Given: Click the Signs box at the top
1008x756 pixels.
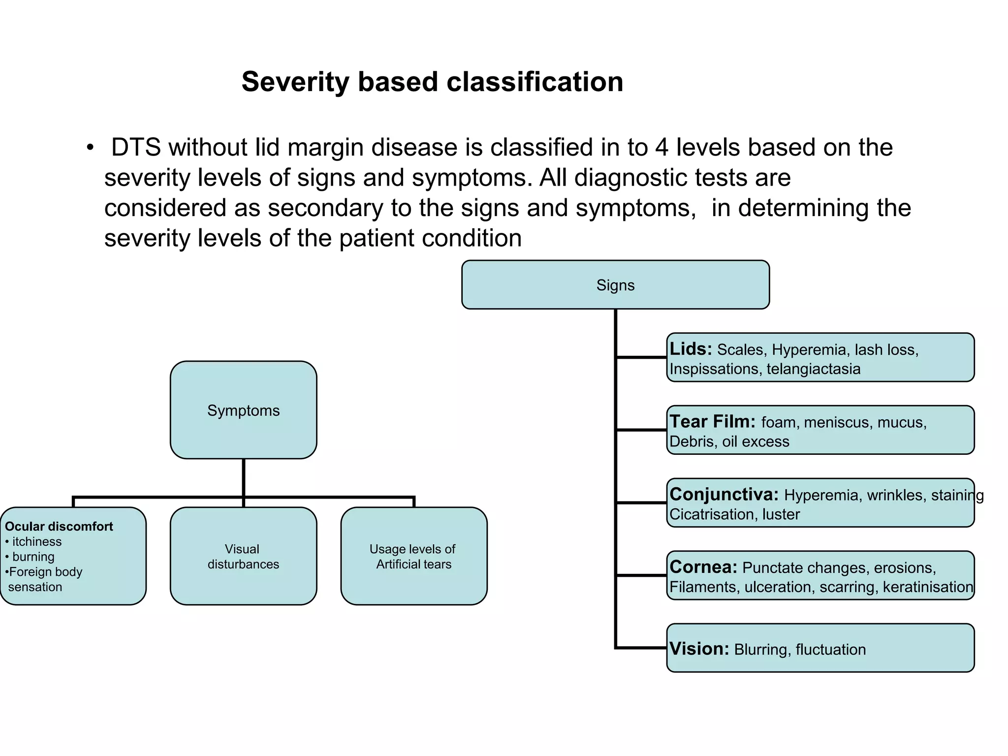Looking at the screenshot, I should [x=615, y=285].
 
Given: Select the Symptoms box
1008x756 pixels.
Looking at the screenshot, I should [x=243, y=410].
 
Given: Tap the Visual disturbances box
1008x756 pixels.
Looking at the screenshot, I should [x=243, y=556].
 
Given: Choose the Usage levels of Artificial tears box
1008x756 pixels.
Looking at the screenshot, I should [x=413, y=556].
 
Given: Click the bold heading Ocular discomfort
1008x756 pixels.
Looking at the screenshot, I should [x=59, y=526].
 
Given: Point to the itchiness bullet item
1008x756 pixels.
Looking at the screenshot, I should [x=37, y=541].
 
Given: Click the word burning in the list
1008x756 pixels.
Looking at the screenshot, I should [x=33, y=557].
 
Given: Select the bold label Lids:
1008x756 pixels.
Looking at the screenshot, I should [x=691, y=349].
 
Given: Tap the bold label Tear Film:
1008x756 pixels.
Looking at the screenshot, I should [x=712, y=422].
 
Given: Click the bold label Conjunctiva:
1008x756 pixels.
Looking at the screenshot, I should [x=724, y=494].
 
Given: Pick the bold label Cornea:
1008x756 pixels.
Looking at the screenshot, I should [x=703, y=567].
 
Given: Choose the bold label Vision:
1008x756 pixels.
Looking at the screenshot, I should [x=699, y=649].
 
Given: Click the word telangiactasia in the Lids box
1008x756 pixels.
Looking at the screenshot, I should [x=813, y=369].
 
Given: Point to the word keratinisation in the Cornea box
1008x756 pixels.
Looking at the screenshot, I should [x=927, y=587].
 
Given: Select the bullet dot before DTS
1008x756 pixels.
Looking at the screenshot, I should [x=90, y=148].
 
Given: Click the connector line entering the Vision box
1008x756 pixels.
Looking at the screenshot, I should [x=641, y=648].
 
